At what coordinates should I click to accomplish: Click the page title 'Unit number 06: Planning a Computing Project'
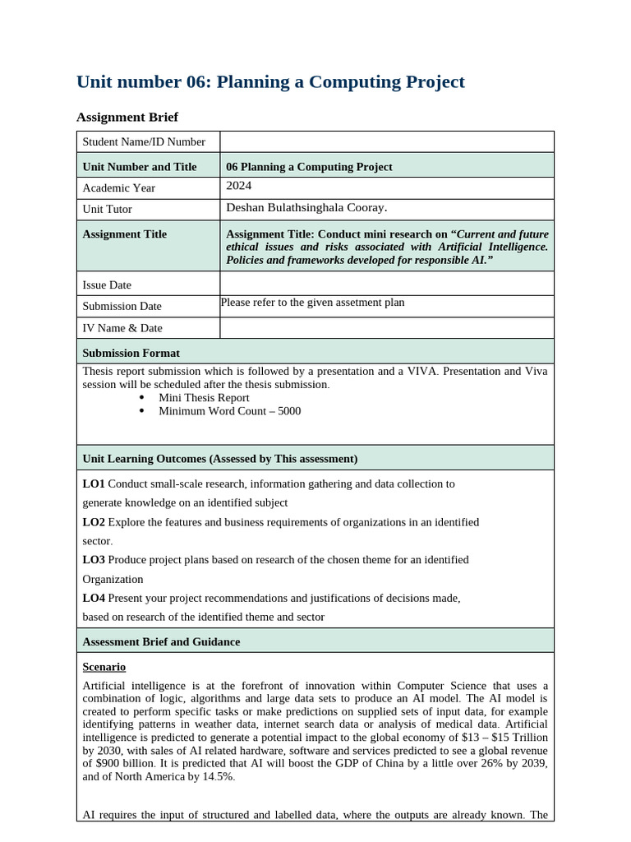point(270,82)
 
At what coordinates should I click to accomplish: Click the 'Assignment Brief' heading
point(127,117)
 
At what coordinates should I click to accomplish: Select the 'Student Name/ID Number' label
point(144,142)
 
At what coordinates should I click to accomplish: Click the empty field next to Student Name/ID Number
point(386,141)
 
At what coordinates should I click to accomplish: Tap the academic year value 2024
point(239,187)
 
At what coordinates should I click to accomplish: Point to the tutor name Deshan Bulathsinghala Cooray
point(306,208)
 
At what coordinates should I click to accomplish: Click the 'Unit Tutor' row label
point(107,210)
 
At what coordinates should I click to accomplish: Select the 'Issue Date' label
point(107,285)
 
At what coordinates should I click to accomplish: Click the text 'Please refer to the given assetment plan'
point(313,303)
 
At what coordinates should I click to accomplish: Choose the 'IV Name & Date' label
point(122,328)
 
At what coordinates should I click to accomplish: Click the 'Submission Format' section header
point(131,353)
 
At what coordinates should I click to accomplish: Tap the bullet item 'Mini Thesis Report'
point(204,397)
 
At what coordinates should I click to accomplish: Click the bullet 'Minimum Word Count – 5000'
point(229,411)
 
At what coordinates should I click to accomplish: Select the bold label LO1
point(94,484)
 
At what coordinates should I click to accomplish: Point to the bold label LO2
point(94,522)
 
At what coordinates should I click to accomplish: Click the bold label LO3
point(94,560)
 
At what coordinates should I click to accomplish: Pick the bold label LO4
point(94,599)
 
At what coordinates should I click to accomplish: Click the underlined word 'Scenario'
point(104,667)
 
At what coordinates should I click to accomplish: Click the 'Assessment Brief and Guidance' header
point(161,641)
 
